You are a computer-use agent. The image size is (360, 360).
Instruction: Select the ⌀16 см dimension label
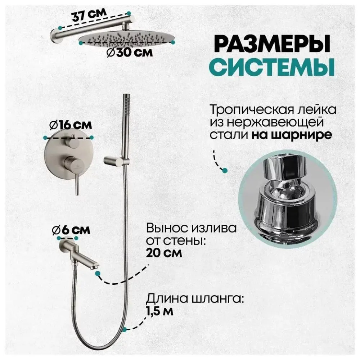click(70, 125)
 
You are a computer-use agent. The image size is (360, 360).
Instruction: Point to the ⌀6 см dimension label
click(70, 229)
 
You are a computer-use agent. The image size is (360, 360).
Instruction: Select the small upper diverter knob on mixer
click(73, 143)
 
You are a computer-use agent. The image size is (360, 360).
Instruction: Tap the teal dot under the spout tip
click(98, 274)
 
